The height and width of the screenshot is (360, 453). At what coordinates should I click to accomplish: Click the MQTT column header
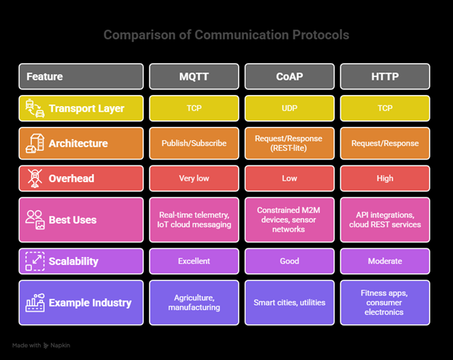click(194, 76)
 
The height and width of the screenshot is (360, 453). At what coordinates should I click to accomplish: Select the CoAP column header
click(290, 76)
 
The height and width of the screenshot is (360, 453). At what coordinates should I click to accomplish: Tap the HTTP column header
click(385, 76)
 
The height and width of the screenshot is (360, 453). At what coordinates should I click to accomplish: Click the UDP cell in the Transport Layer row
click(290, 108)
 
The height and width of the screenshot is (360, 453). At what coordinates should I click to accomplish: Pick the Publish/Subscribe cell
click(194, 143)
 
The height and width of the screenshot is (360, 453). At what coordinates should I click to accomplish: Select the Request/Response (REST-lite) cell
click(290, 143)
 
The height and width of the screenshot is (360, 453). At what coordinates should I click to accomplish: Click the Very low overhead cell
click(194, 178)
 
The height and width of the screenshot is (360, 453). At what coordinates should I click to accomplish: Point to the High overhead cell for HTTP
click(385, 178)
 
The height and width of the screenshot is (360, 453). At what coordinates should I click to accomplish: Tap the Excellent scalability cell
click(194, 261)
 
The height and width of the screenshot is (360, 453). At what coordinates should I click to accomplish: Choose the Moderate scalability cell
click(385, 261)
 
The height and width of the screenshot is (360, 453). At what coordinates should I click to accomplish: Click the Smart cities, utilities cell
click(290, 302)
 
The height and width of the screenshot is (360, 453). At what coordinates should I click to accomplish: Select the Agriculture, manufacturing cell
click(194, 302)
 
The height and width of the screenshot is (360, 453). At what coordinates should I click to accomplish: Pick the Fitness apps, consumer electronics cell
click(385, 302)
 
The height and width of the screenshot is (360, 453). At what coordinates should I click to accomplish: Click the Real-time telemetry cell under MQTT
click(194, 219)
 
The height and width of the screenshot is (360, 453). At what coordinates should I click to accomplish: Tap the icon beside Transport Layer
click(34, 108)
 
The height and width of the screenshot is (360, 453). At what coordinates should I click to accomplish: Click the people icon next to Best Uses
click(34, 219)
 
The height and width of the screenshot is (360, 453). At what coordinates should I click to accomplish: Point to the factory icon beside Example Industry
click(34, 302)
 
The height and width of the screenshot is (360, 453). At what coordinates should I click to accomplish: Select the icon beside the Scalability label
click(34, 261)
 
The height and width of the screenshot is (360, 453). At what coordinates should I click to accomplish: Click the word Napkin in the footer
click(60, 345)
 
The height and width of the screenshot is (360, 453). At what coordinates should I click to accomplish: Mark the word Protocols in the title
click(317, 35)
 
